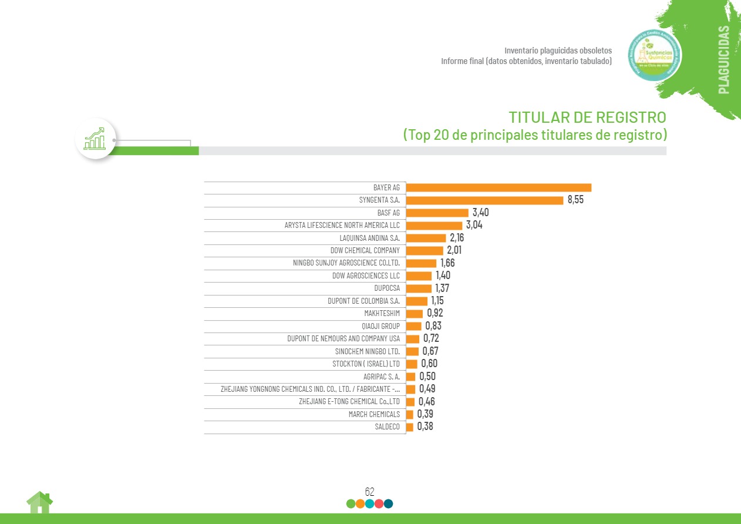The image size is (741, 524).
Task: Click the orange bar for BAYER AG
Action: pos(499,187)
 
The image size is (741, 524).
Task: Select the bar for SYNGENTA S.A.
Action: pos(484,200)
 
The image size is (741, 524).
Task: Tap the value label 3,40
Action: pos(480,213)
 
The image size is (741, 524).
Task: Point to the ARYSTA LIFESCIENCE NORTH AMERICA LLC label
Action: pos(341,226)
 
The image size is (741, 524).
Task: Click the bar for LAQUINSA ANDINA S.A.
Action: pos(426,238)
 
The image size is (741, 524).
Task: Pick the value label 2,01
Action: pos(454,251)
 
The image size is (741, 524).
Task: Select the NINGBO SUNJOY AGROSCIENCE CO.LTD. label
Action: pos(346,263)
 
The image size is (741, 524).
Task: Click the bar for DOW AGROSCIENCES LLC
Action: pos(419,276)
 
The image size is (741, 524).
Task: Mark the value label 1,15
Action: pos(437,301)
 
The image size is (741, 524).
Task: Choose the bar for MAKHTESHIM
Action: pos(414,314)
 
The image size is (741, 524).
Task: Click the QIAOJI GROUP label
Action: pos(380,326)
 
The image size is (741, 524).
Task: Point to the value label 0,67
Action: pos(430,351)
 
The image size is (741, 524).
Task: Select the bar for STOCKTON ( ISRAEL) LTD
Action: pos(412,364)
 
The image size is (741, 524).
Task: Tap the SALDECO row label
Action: pos(387,427)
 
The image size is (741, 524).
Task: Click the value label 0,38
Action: pos(425,427)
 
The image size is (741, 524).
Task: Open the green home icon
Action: pos(39,502)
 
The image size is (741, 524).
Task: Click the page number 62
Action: pos(369,492)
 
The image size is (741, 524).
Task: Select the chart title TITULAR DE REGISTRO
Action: pos(587,116)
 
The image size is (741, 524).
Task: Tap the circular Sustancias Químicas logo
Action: pos(655,56)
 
